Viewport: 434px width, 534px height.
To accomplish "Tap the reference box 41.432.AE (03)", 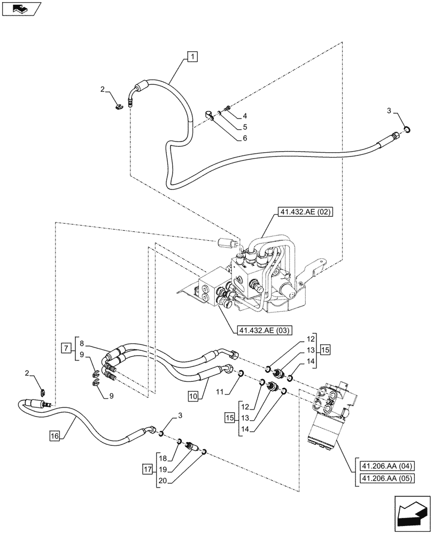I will [262, 330].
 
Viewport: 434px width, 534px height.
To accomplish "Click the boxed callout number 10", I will [193, 396].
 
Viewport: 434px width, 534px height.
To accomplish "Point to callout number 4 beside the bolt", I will [230, 115].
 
